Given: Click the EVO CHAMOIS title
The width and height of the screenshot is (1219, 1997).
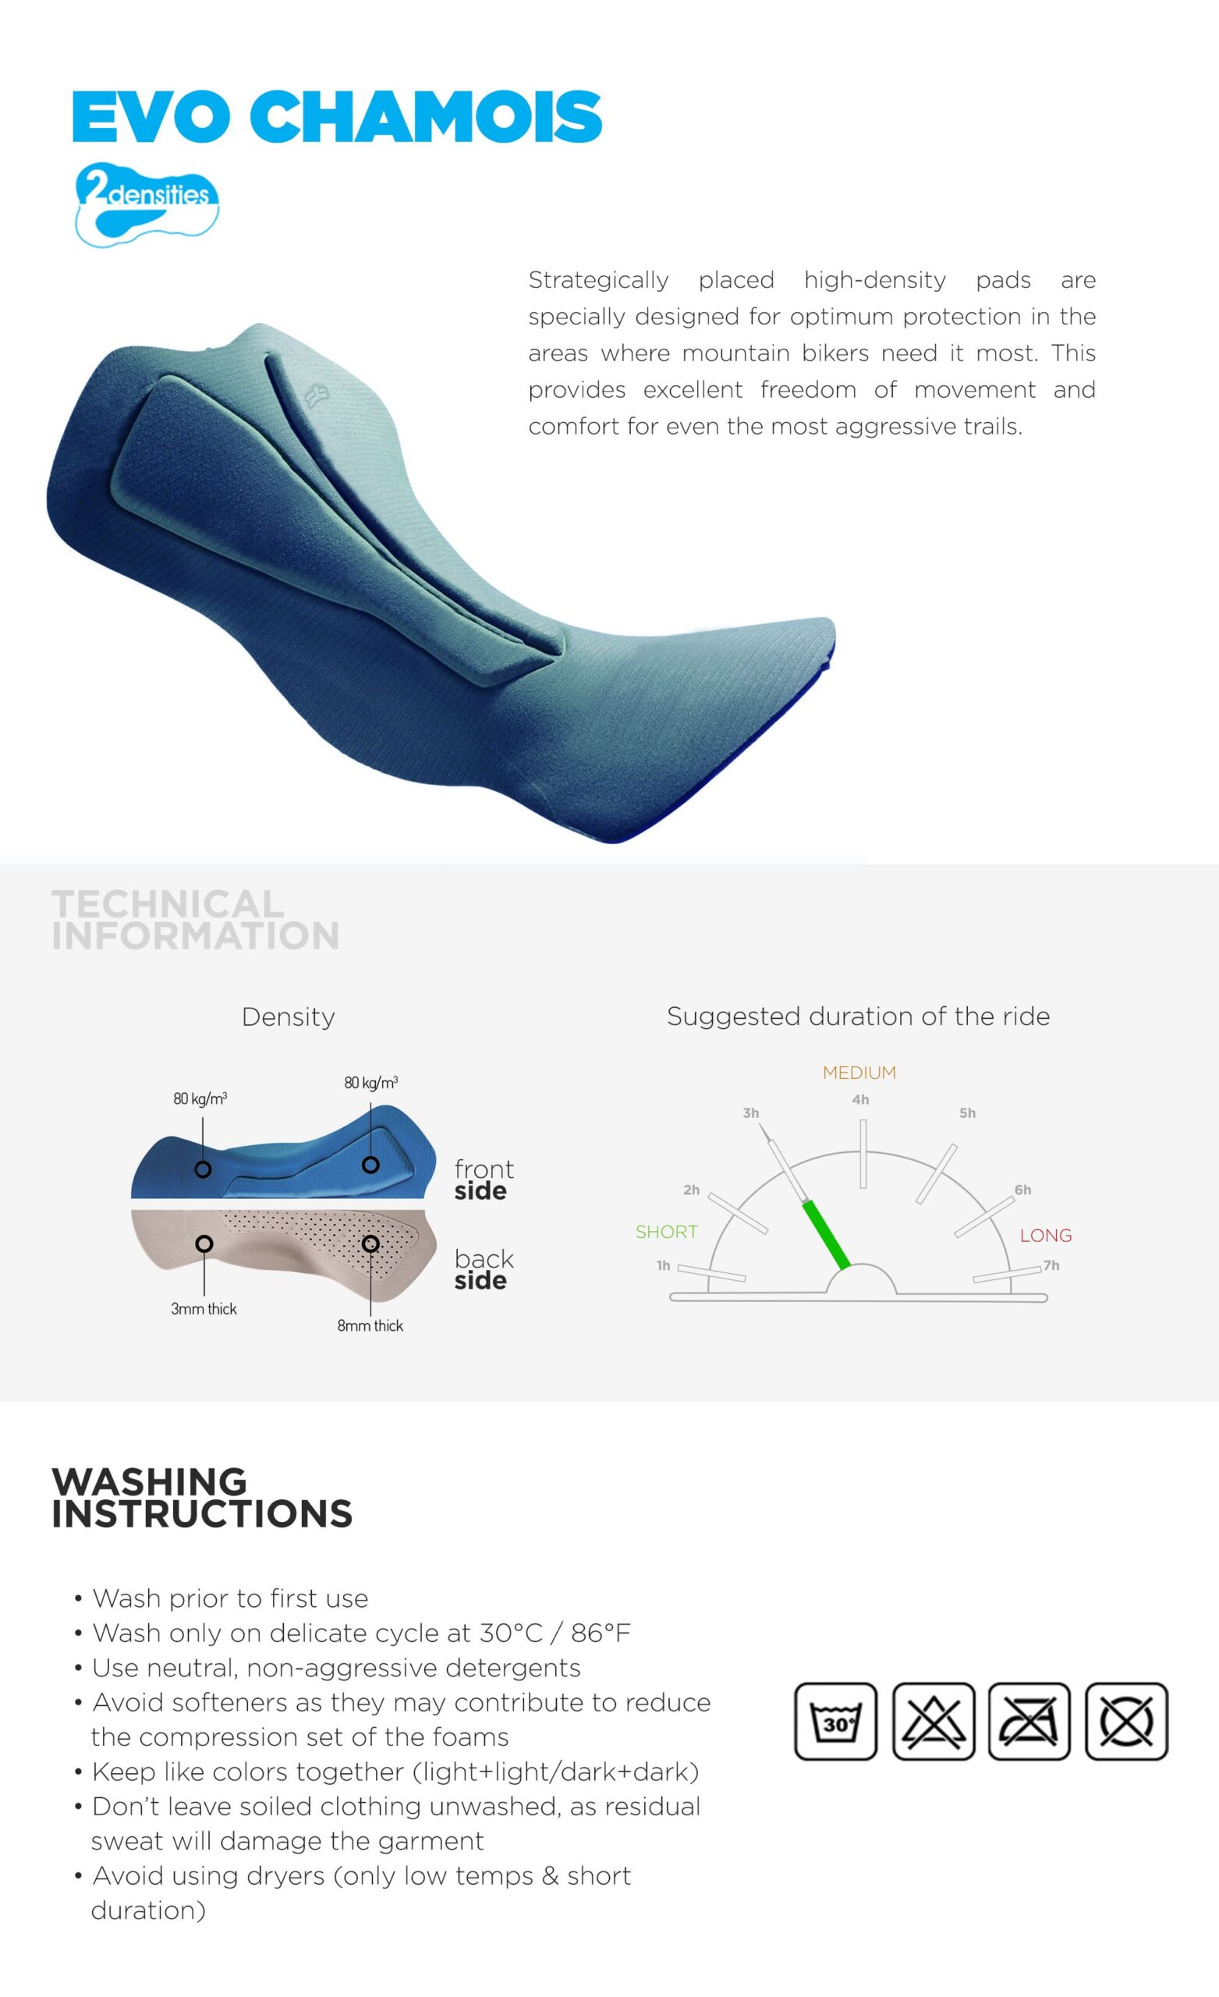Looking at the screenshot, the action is [337, 117].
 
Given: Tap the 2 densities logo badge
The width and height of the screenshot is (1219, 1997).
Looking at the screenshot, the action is [147, 204].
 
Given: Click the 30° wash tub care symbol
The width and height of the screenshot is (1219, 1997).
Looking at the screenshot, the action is [835, 1722].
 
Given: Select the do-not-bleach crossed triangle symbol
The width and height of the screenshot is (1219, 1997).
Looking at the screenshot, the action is [933, 1722].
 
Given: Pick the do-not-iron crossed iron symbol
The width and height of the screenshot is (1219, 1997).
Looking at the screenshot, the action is [1029, 1722].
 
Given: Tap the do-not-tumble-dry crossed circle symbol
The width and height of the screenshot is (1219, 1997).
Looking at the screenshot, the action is [1127, 1722].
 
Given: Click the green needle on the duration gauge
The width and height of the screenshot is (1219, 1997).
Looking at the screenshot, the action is [826, 1235].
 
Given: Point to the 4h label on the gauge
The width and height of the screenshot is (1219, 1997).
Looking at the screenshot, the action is [861, 1100].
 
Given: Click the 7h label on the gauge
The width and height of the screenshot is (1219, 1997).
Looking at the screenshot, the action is [1051, 1265].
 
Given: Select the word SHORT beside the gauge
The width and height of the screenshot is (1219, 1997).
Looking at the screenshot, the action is [666, 1232].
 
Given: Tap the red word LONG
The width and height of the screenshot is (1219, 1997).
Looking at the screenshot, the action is [1046, 1235].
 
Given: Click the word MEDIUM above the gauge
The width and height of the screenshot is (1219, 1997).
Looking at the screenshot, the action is [859, 1073].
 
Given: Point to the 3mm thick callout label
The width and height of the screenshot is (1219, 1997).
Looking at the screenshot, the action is [204, 1309].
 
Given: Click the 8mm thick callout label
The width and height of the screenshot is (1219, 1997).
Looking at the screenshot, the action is [370, 1326].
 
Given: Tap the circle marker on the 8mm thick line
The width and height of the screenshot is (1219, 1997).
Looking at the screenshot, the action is [370, 1243].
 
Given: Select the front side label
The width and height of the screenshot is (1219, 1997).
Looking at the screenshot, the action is [484, 1179].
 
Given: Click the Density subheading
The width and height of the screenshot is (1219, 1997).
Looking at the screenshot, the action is [289, 1016].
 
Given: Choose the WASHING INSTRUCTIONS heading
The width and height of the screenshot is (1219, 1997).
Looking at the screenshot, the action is [202, 1498].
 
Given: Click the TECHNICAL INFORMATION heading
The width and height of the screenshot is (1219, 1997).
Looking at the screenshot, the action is [195, 919].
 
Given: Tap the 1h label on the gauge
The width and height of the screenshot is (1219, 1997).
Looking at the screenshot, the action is [663, 1265].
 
